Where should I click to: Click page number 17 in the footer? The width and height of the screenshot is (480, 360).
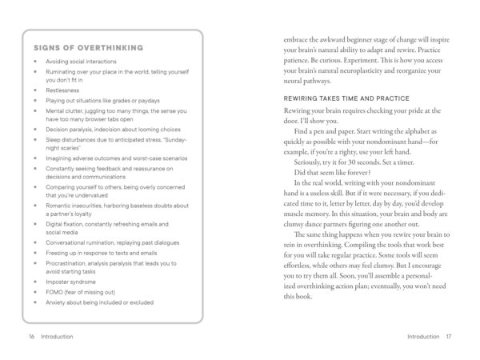(x=450, y=337)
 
